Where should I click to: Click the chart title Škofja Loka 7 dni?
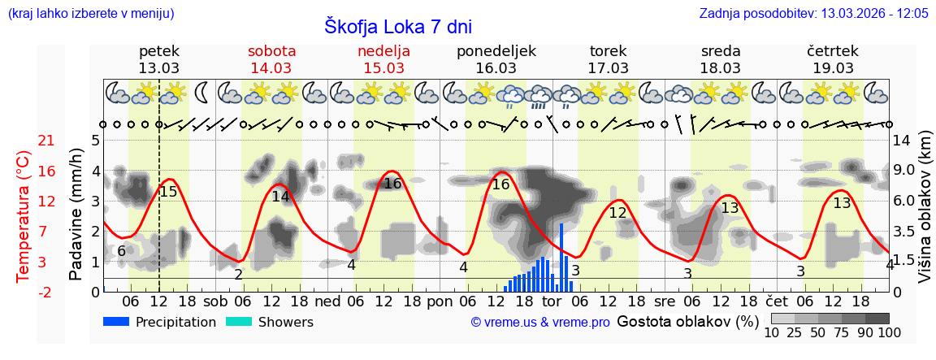[x=397, y=26]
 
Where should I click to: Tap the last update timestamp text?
[x=813, y=13]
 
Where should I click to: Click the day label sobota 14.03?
[x=271, y=59]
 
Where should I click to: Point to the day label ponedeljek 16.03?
[x=496, y=59]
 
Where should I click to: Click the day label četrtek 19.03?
[x=832, y=59]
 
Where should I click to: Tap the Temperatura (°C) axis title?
[x=24, y=215]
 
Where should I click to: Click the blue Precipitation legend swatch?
[x=117, y=322]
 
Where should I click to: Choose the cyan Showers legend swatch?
[x=239, y=322]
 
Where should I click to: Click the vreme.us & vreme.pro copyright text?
[x=540, y=323]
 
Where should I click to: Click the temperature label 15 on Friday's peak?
[x=168, y=192]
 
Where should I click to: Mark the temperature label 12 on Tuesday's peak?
[x=617, y=213]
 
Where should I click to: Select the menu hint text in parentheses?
[x=90, y=13]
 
